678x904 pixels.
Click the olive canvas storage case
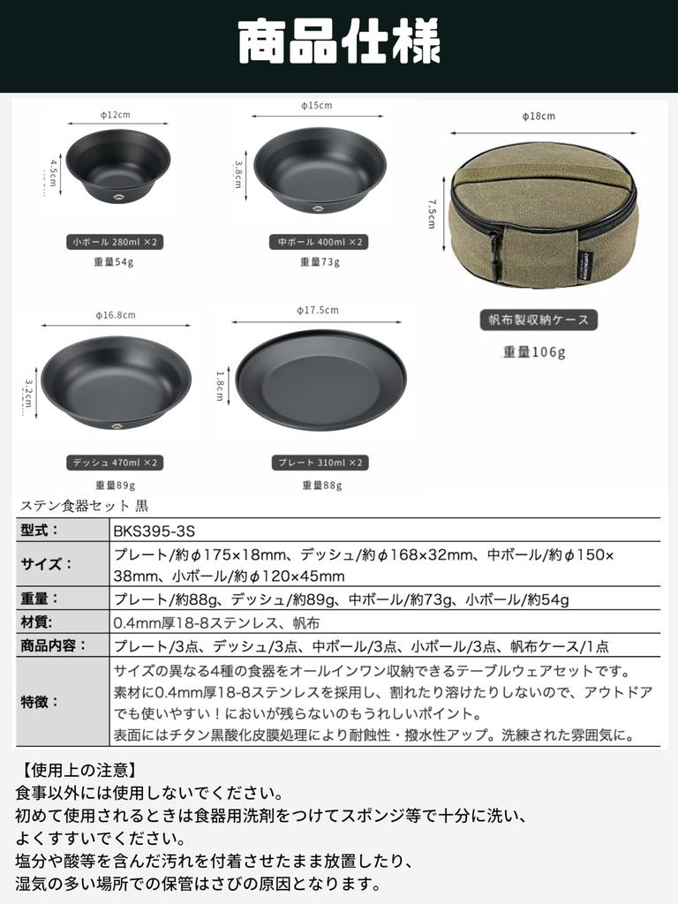pos(542,216)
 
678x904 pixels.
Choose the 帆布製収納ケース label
pos(539,320)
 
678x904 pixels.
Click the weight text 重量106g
pos(534,351)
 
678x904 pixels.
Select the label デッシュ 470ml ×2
pos(115,462)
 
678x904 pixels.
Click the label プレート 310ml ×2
pos(320,462)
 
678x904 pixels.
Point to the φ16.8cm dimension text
pos(116,314)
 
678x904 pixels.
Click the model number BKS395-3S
pos(154,531)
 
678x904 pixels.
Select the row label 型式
pos(39,530)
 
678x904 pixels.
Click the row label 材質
pos(37,622)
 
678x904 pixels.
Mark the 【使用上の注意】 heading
pos(77,771)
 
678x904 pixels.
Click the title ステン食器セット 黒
pos(84,506)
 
